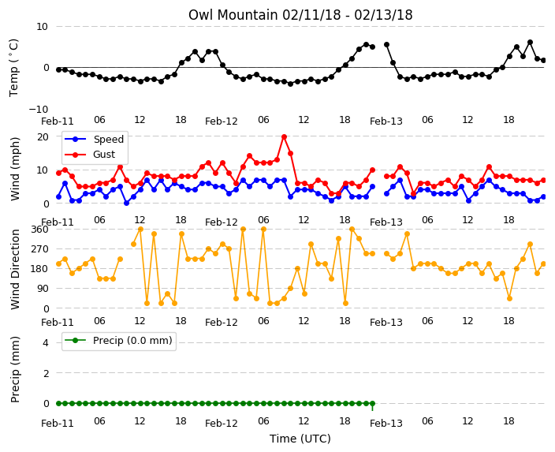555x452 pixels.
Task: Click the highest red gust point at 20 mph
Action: click(x=284, y=136)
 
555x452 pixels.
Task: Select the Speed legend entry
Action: click(x=94, y=139)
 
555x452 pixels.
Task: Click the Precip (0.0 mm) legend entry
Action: click(x=119, y=341)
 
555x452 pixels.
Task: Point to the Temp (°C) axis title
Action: click(x=13, y=68)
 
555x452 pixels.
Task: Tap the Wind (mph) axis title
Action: click(x=15, y=169)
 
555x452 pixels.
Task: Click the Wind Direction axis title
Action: click(x=15, y=269)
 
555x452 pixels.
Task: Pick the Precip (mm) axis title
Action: click(x=15, y=369)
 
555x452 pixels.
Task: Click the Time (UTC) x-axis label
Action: click(x=300, y=439)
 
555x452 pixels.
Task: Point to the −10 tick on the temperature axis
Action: click(x=39, y=109)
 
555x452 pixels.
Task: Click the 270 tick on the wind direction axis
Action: click(x=40, y=249)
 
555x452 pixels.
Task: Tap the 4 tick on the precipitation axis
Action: click(x=46, y=342)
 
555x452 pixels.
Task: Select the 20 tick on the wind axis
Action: click(x=43, y=136)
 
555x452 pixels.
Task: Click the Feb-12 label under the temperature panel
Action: click(x=222, y=121)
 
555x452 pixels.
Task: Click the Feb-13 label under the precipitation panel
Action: click(x=386, y=424)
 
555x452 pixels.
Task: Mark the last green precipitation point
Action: click(x=372, y=403)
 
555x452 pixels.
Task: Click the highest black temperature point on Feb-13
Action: click(x=530, y=43)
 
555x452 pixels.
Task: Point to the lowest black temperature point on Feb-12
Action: click(x=291, y=84)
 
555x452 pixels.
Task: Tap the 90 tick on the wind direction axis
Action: click(x=43, y=289)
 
